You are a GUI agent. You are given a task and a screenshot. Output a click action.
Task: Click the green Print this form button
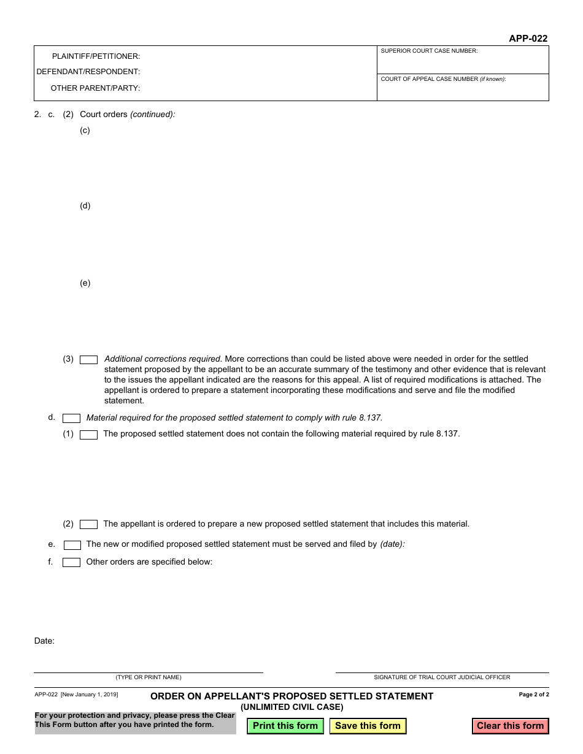tap(285, 726)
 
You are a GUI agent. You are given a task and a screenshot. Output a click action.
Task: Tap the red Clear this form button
tap(510, 726)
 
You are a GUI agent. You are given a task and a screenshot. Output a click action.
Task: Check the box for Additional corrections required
tap(89, 360)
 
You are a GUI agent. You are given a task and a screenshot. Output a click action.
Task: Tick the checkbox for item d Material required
tap(72, 418)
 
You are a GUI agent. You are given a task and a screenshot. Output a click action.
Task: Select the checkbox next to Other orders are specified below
tap(72, 562)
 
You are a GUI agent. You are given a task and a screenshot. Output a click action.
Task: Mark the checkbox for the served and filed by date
tap(72, 544)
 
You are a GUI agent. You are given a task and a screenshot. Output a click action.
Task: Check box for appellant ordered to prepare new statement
tap(89, 524)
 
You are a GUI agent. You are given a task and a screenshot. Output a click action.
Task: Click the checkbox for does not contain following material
tap(89, 435)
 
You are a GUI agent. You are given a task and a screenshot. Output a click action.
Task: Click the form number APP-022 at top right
tap(528, 38)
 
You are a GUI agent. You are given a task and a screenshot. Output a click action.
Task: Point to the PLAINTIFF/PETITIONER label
tap(96, 56)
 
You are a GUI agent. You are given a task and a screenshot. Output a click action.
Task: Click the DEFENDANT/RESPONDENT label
tap(88, 72)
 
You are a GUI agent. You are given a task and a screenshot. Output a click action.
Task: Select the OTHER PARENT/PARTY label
tap(95, 88)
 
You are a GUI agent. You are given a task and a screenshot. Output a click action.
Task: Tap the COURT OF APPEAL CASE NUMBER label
tap(443, 79)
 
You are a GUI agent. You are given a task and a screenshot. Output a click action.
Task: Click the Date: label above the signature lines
tap(44, 641)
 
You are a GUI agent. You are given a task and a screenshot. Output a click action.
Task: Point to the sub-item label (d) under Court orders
tap(85, 206)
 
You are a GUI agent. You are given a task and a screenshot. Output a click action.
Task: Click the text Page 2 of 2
tap(534, 695)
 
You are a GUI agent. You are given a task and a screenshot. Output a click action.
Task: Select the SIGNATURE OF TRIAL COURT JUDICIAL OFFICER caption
tap(442, 677)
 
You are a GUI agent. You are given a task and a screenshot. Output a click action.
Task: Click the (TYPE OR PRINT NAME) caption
tap(149, 677)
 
